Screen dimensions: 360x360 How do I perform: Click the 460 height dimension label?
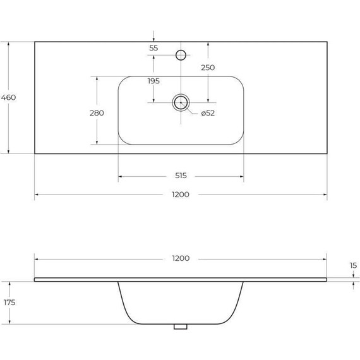(x=8, y=97)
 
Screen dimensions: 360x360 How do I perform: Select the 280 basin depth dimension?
(x=97, y=112)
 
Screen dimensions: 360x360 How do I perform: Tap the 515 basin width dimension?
(x=180, y=176)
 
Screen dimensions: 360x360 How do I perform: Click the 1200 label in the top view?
(x=180, y=195)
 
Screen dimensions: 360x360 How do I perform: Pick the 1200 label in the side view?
(x=180, y=259)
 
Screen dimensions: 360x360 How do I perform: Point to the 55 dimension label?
(x=153, y=48)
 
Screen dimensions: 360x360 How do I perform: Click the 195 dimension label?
(x=153, y=81)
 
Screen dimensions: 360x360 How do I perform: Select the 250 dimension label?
(x=208, y=68)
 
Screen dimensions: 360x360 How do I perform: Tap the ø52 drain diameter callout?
(x=208, y=114)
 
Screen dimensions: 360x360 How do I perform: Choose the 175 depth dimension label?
(x=8, y=303)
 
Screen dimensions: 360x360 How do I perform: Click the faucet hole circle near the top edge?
(x=181, y=55)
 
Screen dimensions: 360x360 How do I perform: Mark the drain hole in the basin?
(x=181, y=102)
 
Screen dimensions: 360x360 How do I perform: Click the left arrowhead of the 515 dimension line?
(x=120, y=176)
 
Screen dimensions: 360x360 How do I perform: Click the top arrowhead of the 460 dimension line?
(x=8, y=44)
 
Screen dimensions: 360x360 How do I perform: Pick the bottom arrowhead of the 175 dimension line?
(x=8, y=322)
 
